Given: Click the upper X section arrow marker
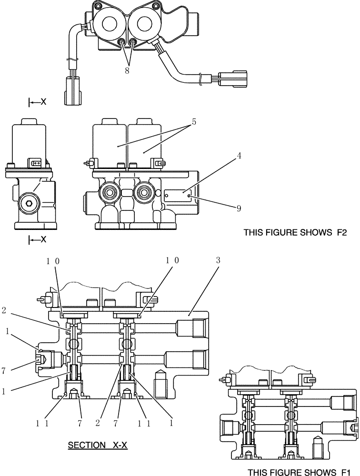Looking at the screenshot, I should point(38,102).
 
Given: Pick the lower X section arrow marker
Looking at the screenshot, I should point(38,239).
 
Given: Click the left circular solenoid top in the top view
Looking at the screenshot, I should point(109,24).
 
